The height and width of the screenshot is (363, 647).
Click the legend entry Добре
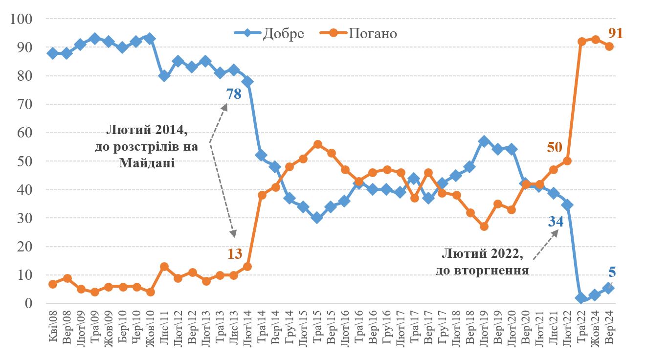283,33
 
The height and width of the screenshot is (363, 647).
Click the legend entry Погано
373,33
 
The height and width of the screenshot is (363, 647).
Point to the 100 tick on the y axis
22,19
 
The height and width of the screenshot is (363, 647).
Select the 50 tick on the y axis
25,161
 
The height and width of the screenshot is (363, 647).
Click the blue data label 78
234,94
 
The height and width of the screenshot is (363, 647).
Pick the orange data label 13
235,253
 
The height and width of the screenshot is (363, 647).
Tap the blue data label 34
555,222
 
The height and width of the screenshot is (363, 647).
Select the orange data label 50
556,147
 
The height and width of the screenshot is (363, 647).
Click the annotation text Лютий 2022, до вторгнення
482,262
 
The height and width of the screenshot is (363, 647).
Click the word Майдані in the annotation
147,163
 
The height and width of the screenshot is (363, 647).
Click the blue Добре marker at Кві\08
53,53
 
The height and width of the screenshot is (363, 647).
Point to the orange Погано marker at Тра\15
318,144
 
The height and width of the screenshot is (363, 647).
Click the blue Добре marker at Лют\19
484,141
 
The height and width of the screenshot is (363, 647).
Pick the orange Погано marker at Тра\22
582,42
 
